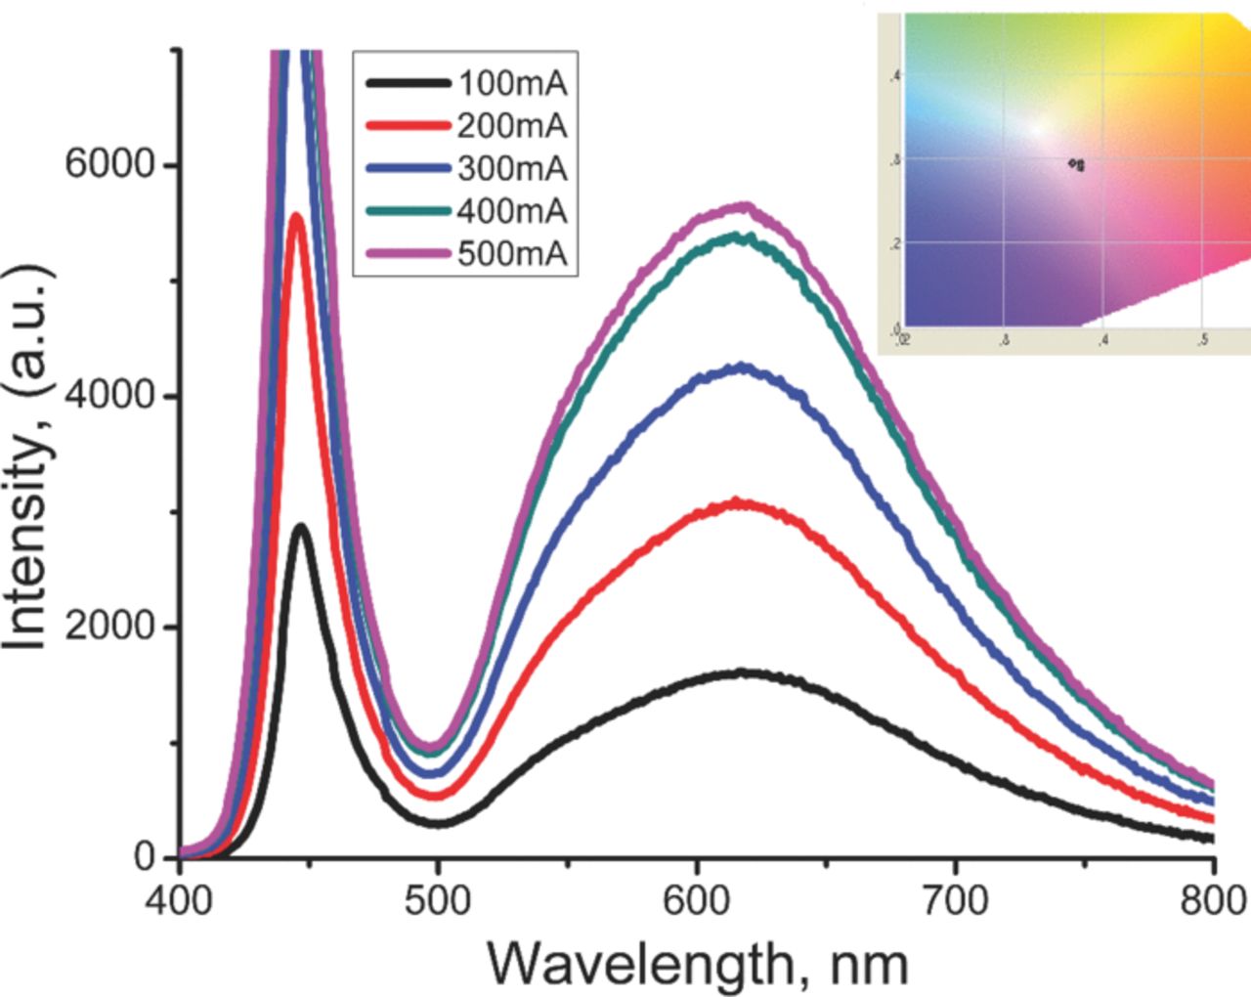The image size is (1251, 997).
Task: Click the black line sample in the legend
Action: pos(409,83)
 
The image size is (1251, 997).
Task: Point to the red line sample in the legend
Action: pos(409,126)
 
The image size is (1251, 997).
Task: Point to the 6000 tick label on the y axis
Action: pos(109,164)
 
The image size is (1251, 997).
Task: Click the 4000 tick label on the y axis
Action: pos(109,395)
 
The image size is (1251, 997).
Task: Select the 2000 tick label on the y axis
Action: pos(109,627)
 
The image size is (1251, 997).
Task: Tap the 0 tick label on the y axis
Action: pos(145,857)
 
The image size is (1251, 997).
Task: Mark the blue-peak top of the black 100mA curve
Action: pos(301,528)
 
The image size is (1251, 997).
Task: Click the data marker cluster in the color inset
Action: pos(1077,165)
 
